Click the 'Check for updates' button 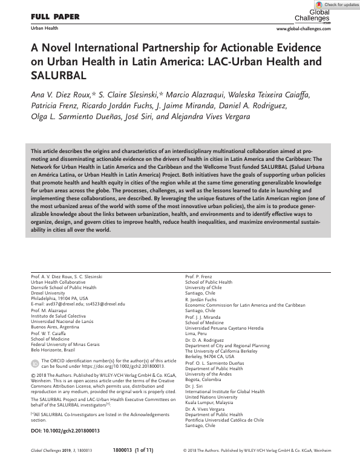[x=336, y=5]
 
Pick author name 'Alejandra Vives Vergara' [x=192, y=116]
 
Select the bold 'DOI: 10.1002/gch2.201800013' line [x=65, y=431]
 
